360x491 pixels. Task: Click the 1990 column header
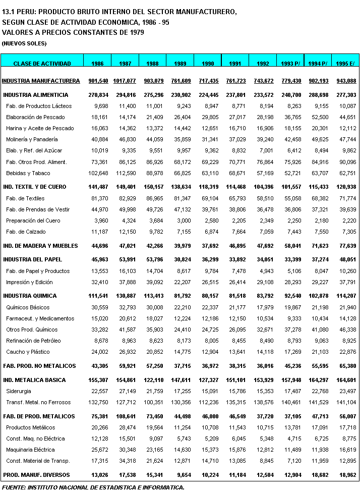click(208, 63)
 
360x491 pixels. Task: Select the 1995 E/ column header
click(345, 63)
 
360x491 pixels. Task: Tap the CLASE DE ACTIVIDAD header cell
click(42, 63)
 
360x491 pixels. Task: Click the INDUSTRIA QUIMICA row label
click(30, 296)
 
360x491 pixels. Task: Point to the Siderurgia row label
click(18, 391)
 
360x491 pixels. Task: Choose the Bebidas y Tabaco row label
click(28, 173)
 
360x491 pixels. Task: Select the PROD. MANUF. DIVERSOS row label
click(36, 475)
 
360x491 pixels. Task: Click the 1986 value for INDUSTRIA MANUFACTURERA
click(98, 81)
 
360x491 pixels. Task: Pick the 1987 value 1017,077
click(125, 81)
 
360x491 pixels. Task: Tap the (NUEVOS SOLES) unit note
click(24, 43)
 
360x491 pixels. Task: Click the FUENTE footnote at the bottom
click(93, 487)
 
